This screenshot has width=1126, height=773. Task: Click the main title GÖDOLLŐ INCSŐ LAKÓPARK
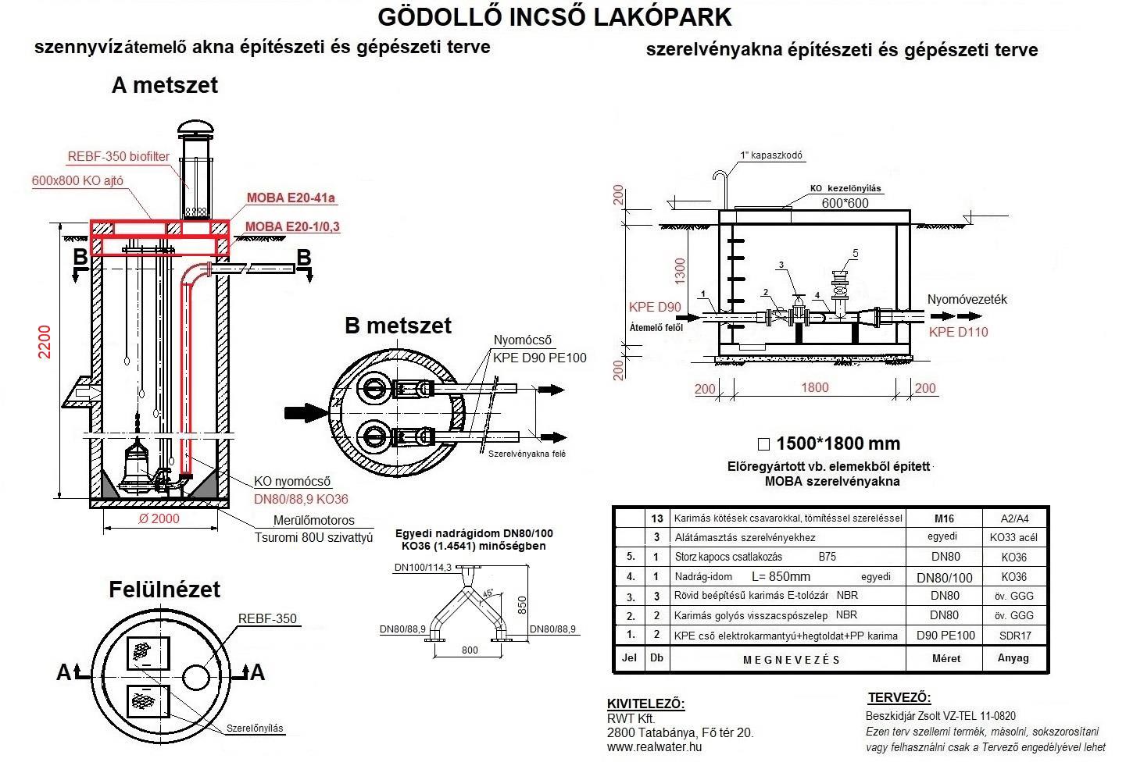[555, 16]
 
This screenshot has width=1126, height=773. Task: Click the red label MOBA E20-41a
[291, 198]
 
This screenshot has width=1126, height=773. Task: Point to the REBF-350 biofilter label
[119, 156]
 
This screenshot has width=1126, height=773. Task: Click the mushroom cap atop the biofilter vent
[195, 128]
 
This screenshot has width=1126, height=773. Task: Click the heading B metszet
[398, 325]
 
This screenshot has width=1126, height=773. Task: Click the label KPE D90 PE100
[538, 358]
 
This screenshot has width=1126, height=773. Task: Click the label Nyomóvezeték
[967, 299]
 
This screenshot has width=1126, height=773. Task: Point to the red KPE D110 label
[958, 332]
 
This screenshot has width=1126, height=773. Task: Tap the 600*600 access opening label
[845, 203]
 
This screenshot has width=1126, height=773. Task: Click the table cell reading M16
[945, 518]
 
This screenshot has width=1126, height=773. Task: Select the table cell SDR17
[1014, 636]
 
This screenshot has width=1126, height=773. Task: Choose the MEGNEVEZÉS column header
[791, 659]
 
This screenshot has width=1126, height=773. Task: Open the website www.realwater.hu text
[654, 746]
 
